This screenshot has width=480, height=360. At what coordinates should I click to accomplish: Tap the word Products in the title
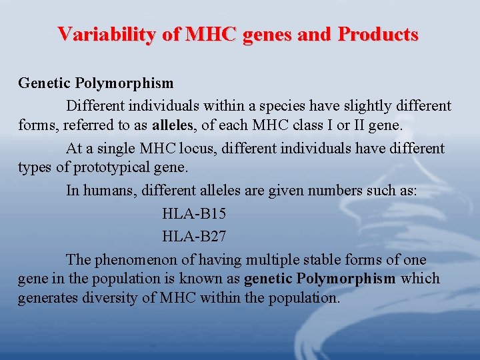click(x=377, y=34)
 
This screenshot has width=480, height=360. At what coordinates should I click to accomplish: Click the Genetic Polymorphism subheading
click(x=95, y=84)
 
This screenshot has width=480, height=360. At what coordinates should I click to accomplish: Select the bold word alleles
click(x=173, y=125)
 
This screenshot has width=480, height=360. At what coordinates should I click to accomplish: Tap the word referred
click(x=83, y=125)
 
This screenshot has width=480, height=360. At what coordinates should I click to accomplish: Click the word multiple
click(x=272, y=259)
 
